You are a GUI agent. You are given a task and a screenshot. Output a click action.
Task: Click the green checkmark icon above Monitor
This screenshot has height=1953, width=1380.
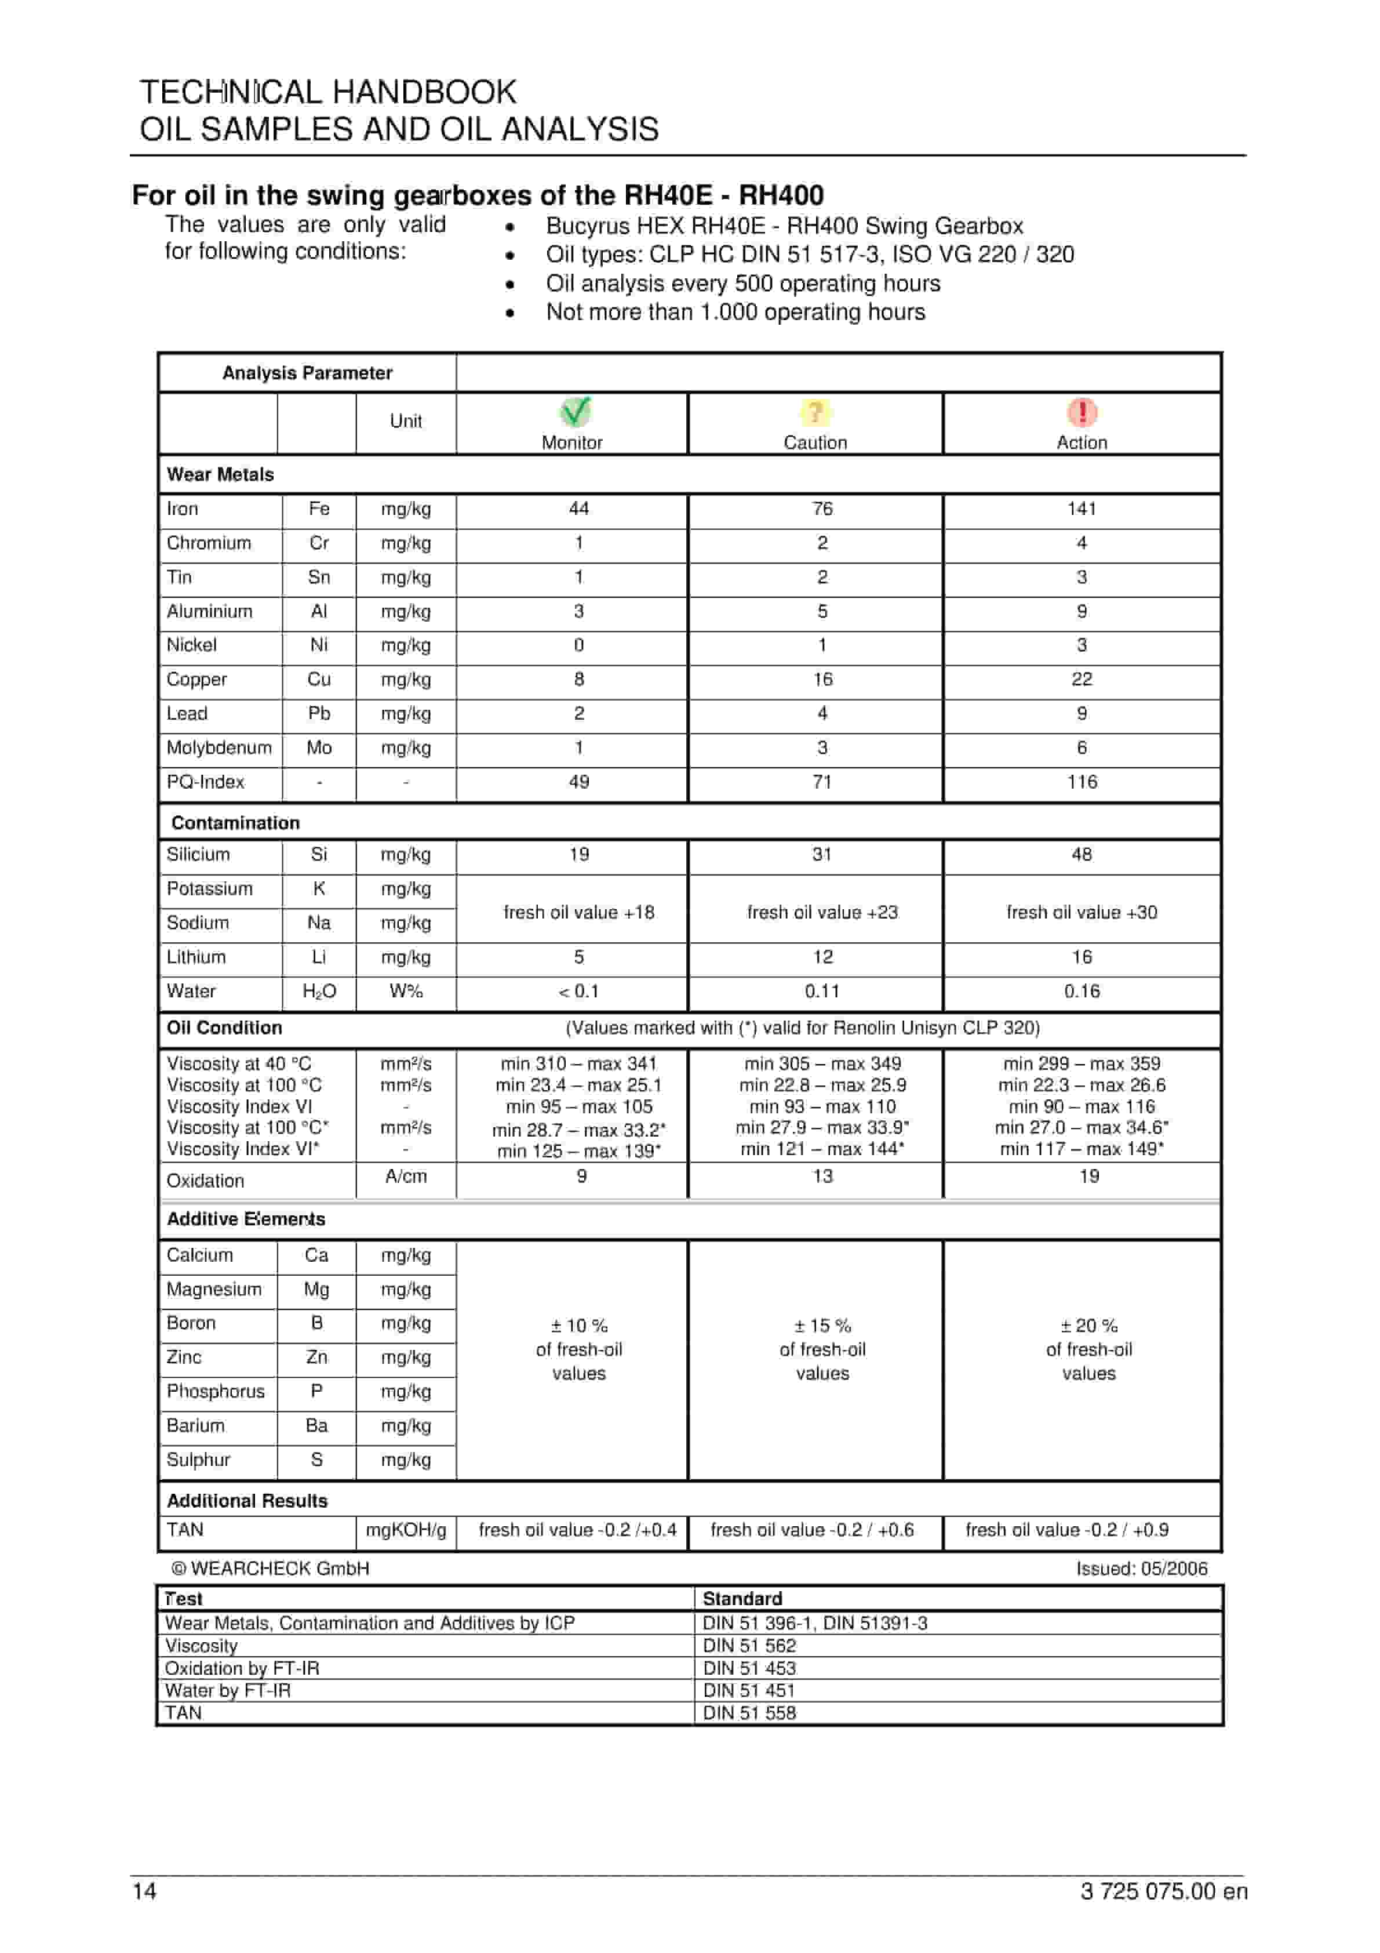click(x=576, y=412)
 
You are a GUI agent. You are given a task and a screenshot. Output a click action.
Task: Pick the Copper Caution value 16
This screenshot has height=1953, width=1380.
click(x=822, y=679)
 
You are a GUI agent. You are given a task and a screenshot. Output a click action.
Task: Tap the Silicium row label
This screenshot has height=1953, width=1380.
click(x=198, y=854)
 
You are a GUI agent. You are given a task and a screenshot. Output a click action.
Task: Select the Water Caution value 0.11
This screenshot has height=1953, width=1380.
click(x=822, y=991)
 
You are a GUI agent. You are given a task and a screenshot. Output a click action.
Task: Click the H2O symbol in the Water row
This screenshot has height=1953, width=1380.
click(x=319, y=991)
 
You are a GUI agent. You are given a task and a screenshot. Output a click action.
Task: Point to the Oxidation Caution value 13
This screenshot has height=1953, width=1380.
click(x=822, y=1177)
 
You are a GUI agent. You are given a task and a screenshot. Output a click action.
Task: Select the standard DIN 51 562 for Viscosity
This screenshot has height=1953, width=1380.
click(x=749, y=1645)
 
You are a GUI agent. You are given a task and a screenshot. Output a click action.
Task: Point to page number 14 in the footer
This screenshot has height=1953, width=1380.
click(x=144, y=1891)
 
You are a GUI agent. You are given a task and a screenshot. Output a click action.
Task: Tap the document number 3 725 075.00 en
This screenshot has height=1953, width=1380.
click(x=1163, y=1891)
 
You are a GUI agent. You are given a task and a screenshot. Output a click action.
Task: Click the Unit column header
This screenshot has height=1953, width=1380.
click(x=406, y=420)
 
